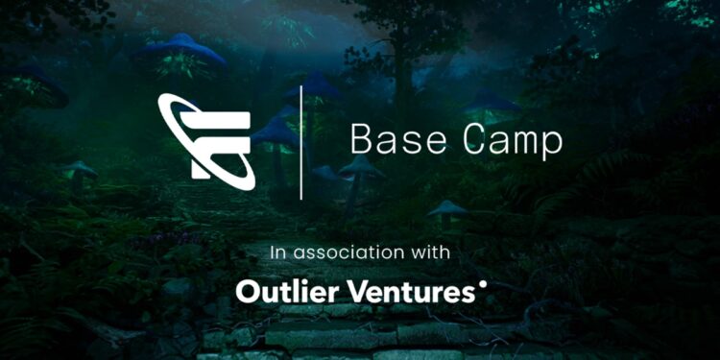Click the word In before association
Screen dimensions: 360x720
(x=278, y=253)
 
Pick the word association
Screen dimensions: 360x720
(x=351, y=253)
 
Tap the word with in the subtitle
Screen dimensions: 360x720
(x=432, y=253)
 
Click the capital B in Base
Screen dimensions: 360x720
(x=361, y=140)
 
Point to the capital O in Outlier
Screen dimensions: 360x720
(x=248, y=290)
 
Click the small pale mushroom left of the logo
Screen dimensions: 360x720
(x=81, y=169)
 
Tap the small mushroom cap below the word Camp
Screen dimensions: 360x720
(x=447, y=206)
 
